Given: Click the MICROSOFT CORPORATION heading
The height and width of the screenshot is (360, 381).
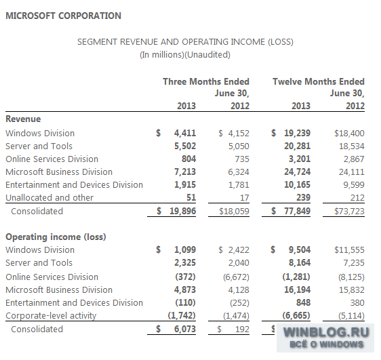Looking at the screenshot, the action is [64, 16].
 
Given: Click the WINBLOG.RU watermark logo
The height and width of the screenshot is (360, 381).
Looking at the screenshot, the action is [325, 338].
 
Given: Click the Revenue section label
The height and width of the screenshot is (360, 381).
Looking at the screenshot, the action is [23, 119].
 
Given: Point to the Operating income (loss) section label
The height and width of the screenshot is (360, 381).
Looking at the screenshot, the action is [56, 237].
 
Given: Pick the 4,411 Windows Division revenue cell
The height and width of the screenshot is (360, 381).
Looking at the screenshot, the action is [185, 133].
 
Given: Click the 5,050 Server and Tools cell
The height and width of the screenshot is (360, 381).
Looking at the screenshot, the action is [239, 146].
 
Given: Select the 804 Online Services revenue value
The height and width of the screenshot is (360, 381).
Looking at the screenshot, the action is [188, 159].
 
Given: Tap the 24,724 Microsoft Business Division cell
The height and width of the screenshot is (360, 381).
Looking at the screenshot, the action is [297, 172].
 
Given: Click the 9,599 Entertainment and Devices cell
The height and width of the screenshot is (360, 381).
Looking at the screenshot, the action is [354, 185].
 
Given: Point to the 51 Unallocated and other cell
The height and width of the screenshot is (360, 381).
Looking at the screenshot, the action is [191, 197].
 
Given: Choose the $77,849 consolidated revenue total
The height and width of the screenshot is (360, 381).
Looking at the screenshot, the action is [291, 211].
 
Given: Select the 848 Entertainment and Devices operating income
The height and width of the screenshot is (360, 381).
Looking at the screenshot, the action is [303, 302].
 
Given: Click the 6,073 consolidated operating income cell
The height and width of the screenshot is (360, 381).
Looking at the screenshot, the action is [185, 329].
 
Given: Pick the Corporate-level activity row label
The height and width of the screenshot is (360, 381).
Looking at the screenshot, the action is [51, 315].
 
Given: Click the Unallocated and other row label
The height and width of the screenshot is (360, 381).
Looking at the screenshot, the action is [49, 198].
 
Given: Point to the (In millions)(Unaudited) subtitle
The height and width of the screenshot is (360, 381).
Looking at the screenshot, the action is [185, 55].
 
